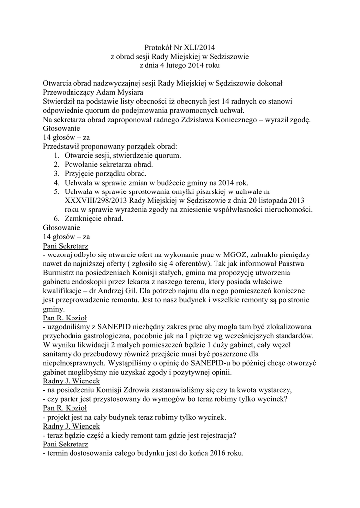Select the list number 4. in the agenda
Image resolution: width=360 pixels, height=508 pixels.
point(57,183)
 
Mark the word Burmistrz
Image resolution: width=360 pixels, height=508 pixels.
point(60,273)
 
